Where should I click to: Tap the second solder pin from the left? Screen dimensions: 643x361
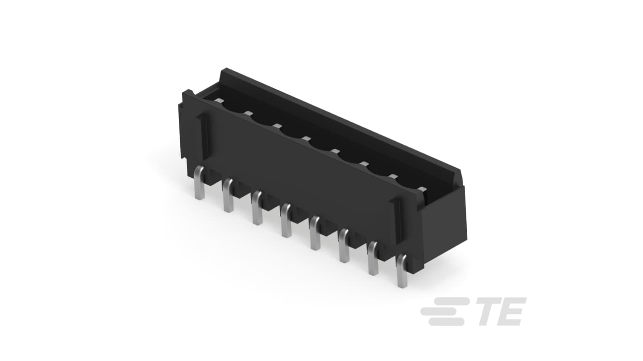pyautogui.click(x=229, y=195)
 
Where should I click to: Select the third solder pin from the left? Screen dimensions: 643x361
pyautogui.click(x=258, y=208)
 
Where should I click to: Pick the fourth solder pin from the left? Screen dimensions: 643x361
pyautogui.click(x=286, y=220)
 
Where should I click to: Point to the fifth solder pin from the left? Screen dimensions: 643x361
pyautogui.click(x=315, y=233)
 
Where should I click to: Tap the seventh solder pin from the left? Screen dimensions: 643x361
pyautogui.click(x=373, y=258)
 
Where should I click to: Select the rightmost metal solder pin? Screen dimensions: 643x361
pyautogui.click(x=402, y=271)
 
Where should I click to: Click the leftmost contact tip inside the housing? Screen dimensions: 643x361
pyautogui.click(x=219, y=100)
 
